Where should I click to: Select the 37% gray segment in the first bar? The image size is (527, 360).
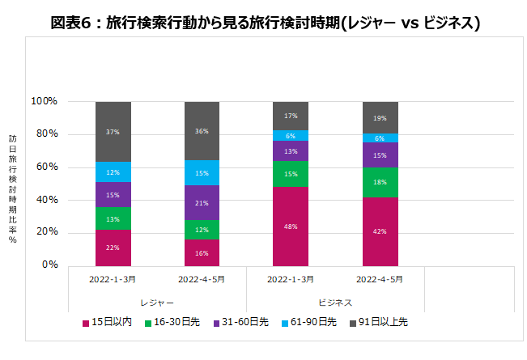pyautogui.click(x=113, y=132)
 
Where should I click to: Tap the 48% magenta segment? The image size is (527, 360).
pyautogui.click(x=291, y=227)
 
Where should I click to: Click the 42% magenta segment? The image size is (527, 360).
pyautogui.click(x=380, y=231)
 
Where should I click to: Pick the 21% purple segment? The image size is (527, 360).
pyautogui.click(x=202, y=203)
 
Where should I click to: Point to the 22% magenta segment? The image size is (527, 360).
pyautogui.click(x=113, y=248)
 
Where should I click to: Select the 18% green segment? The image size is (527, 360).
pyautogui.click(x=380, y=183)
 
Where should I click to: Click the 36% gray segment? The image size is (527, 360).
pyautogui.click(x=202, y=131)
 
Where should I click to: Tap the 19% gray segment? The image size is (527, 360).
pyautogui.click(x=380, y=118)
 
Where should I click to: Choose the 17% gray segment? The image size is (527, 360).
pyautogui.click(x=291, y=116)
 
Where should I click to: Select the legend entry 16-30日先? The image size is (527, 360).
pyautogui.click(x=173, y=323)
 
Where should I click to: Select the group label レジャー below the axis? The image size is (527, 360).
pyautogui.click(x=157, y=302)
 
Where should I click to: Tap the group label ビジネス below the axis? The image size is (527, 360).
pyautogui.click(x=334, y=302)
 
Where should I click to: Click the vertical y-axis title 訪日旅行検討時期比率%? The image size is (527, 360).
pyautogui.click(x=13, y=184)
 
